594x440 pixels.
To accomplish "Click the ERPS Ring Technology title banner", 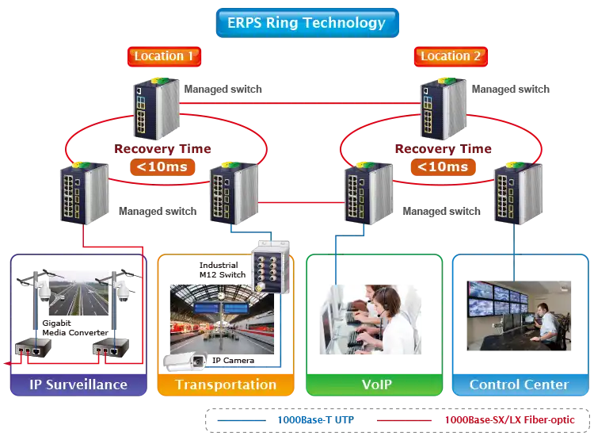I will pos(306,22).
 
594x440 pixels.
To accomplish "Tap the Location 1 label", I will pos(164,56).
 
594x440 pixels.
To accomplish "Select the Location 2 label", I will pos(451,56).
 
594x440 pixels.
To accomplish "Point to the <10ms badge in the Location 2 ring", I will pos(441,166).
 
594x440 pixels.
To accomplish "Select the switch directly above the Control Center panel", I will pos(516,193).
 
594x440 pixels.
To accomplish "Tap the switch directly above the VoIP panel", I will pos(368,193).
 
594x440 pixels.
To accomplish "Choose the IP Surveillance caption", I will pos(78,385).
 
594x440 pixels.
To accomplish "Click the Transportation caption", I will pos(226,385).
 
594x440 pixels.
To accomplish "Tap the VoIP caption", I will pos(371,385).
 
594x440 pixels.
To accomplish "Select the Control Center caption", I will pos(519,385).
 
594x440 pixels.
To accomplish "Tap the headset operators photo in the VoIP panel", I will pos(371,316).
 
